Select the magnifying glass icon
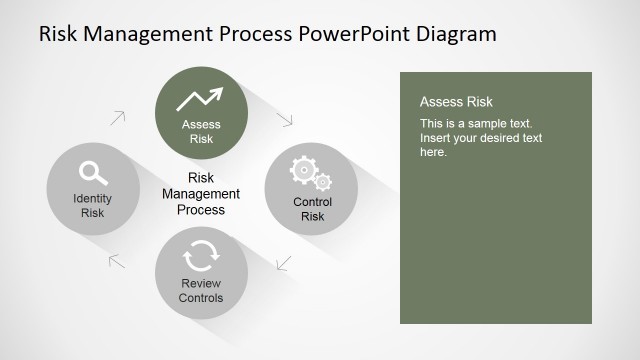[93, 173]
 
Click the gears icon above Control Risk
[310, 173]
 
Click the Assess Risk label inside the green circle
[201, 132]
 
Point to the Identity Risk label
[93, 205]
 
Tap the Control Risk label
[311, 209]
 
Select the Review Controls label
[201, 291]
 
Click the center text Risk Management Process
[201, 194]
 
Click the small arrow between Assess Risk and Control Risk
[285, 118]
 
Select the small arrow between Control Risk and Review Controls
[283, 264]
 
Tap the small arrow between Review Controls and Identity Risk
[117, 262]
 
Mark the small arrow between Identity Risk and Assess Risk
[118, 117]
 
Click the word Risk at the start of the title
[58, 34]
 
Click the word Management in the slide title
[156, 34]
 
